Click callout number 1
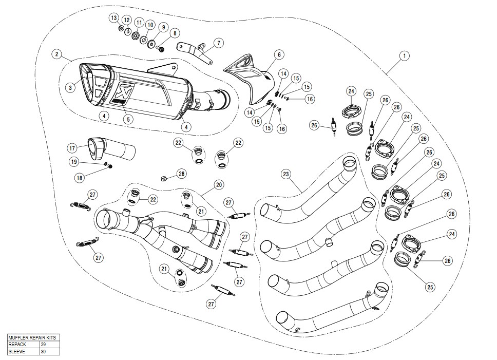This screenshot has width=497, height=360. (405, 55)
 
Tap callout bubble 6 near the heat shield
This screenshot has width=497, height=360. (279, 54)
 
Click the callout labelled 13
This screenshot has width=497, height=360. (113, 18)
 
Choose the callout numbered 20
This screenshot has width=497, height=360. (219, 183)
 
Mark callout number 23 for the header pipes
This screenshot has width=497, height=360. (286, 174)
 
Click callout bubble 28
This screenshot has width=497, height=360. (181, 175)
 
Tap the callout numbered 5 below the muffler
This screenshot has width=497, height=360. (128, 119)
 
